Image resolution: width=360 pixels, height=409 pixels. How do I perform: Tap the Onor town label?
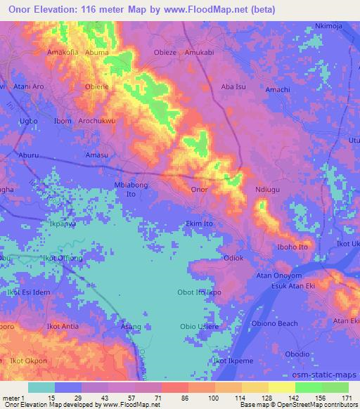click(x=199, y=190)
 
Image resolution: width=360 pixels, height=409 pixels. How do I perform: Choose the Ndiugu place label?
click(x=268, y=190)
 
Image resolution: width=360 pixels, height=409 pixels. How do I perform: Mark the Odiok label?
click(x=233, y=259)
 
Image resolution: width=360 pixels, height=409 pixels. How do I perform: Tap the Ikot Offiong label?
click(x=62, y=259)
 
